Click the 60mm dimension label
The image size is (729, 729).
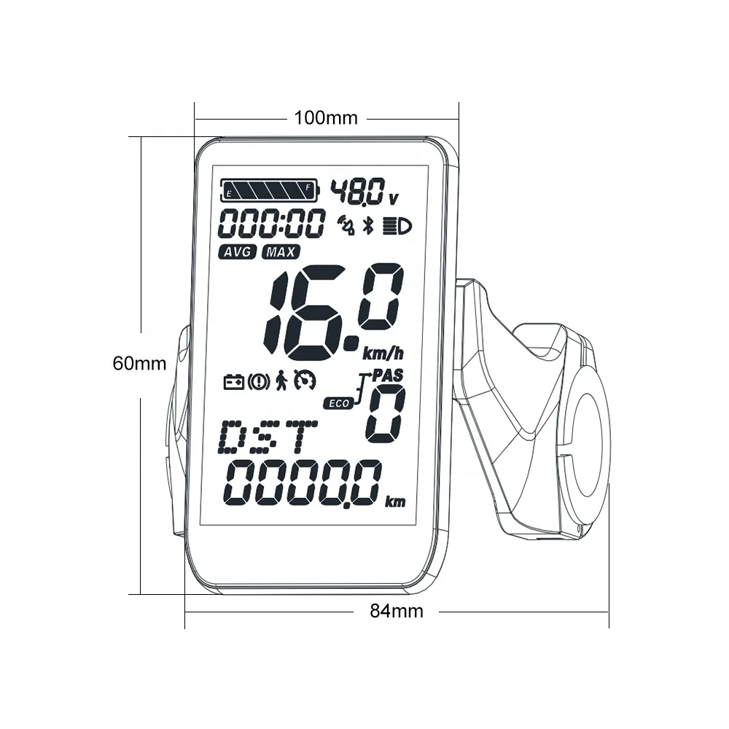pos(140,362)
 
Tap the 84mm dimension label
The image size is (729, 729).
pos(396,611)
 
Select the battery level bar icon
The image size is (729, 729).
pos(269,191)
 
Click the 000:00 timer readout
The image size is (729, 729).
pos(272,224)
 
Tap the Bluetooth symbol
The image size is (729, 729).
pos(368,225)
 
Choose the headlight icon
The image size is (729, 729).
pos(397,225)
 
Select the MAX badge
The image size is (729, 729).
pos(281,252)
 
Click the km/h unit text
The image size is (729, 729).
pos(383,354)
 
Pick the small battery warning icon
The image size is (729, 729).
pos(233,381)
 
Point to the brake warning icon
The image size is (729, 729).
pos(258,381)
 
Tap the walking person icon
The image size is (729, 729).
pos(281,381)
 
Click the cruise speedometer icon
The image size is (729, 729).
pos(305,381)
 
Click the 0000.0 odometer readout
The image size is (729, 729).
pos(304,483)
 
